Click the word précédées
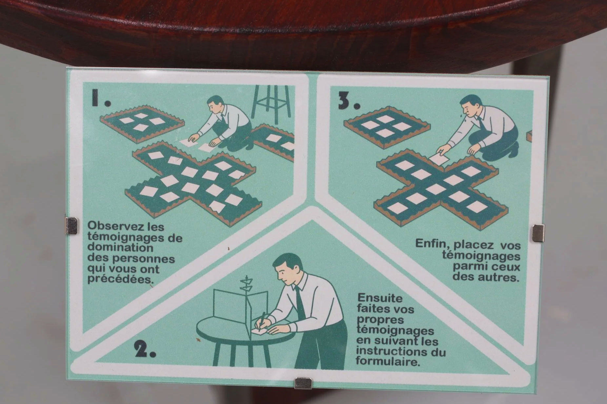121,280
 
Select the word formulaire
388,362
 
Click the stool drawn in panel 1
271,101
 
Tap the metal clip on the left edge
71,226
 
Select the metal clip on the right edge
538,233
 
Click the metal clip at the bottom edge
303,383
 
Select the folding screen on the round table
241,309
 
